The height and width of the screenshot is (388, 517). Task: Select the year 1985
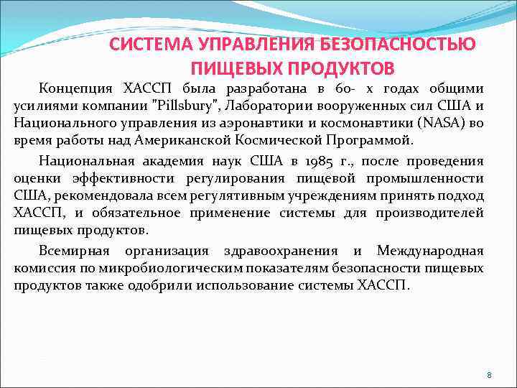290,160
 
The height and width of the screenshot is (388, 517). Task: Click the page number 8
489,375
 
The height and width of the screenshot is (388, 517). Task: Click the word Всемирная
74,251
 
